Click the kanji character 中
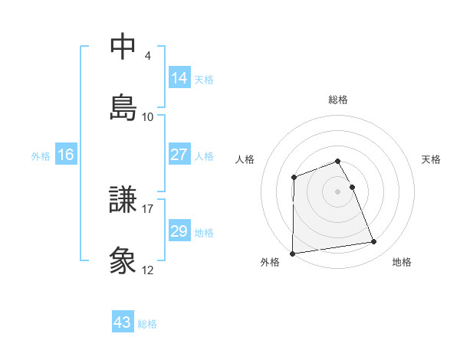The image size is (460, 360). point(123,47)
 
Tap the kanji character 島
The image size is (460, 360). point(123,106)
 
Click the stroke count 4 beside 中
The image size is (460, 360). point(148,56)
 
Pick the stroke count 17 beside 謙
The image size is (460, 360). point(148,208)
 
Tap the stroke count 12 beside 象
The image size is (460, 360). point(148,270)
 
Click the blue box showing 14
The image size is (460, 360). point(179,77)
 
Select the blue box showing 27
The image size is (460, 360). point(179,155)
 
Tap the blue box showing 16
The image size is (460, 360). point(66,155)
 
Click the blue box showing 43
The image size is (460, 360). point(123,322)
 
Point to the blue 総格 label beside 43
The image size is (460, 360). point(148,324)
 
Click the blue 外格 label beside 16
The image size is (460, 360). point(41,156)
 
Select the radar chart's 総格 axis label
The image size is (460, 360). point(338,100)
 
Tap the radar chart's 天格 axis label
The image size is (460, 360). point(432,159)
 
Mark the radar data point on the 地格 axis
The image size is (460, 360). point(374,242)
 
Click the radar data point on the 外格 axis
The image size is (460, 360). point(292,254)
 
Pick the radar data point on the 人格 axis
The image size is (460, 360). point(294,178)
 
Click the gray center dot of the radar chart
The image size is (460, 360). point(338,191)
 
